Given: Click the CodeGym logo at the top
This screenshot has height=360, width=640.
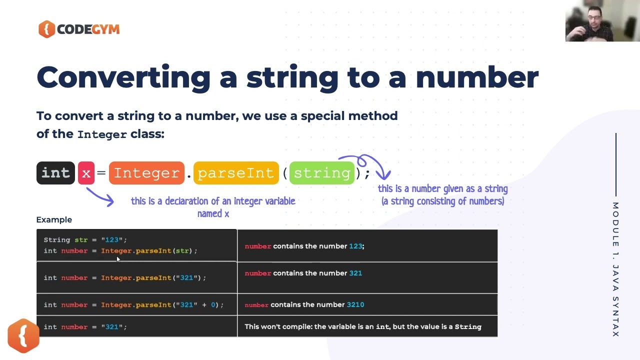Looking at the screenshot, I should pos(79,29).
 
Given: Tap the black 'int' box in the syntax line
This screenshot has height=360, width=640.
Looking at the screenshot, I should pos(55,173).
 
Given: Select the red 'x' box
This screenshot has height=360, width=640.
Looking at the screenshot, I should pos(86,173).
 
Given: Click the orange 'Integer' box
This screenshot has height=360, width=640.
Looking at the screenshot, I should pos(146,173).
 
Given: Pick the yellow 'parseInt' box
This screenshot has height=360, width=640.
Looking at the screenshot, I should pos(235,173).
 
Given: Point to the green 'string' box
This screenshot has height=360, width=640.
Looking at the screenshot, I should pos(322,173).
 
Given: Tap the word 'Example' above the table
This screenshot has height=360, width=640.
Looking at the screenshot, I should pos(54,219).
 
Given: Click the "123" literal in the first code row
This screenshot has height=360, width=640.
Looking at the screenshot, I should pos(112,240).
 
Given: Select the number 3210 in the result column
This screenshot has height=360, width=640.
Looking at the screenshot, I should pos(355,304).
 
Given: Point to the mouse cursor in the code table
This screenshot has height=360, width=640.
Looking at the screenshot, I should pos(118,259).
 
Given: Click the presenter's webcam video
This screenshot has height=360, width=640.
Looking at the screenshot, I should pos(602,21).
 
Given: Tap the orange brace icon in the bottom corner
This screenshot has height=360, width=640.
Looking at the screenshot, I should pos(23,335).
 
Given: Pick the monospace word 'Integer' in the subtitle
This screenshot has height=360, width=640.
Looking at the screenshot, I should pos(102,134).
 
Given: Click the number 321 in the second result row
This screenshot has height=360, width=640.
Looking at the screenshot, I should pos(355,273).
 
